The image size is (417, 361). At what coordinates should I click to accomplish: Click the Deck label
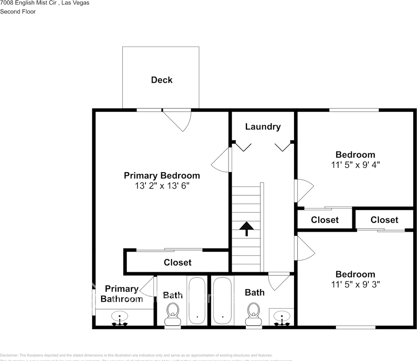coord(162,80)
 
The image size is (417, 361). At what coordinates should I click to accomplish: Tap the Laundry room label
coord(263,126)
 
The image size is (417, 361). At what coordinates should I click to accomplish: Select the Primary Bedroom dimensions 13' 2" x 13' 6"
coord(162,186)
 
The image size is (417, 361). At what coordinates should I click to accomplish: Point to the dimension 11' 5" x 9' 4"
coord(355,165)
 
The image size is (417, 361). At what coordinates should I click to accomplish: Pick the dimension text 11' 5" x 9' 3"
coord(355,284)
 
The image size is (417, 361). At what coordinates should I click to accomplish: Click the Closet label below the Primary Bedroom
coord(177,262)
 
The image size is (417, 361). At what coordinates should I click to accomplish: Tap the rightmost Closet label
coord(384,220)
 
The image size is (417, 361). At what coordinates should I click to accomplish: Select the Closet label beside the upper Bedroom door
coord(325,220)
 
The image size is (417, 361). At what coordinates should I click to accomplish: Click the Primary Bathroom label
coord(121,294)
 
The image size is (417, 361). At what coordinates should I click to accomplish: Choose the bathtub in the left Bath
coord(197,300)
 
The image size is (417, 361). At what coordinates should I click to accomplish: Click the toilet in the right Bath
coord(253,314)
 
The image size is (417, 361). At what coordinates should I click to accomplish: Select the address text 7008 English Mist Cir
coord(28,3)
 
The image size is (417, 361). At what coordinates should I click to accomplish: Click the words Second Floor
coord(18,12)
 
